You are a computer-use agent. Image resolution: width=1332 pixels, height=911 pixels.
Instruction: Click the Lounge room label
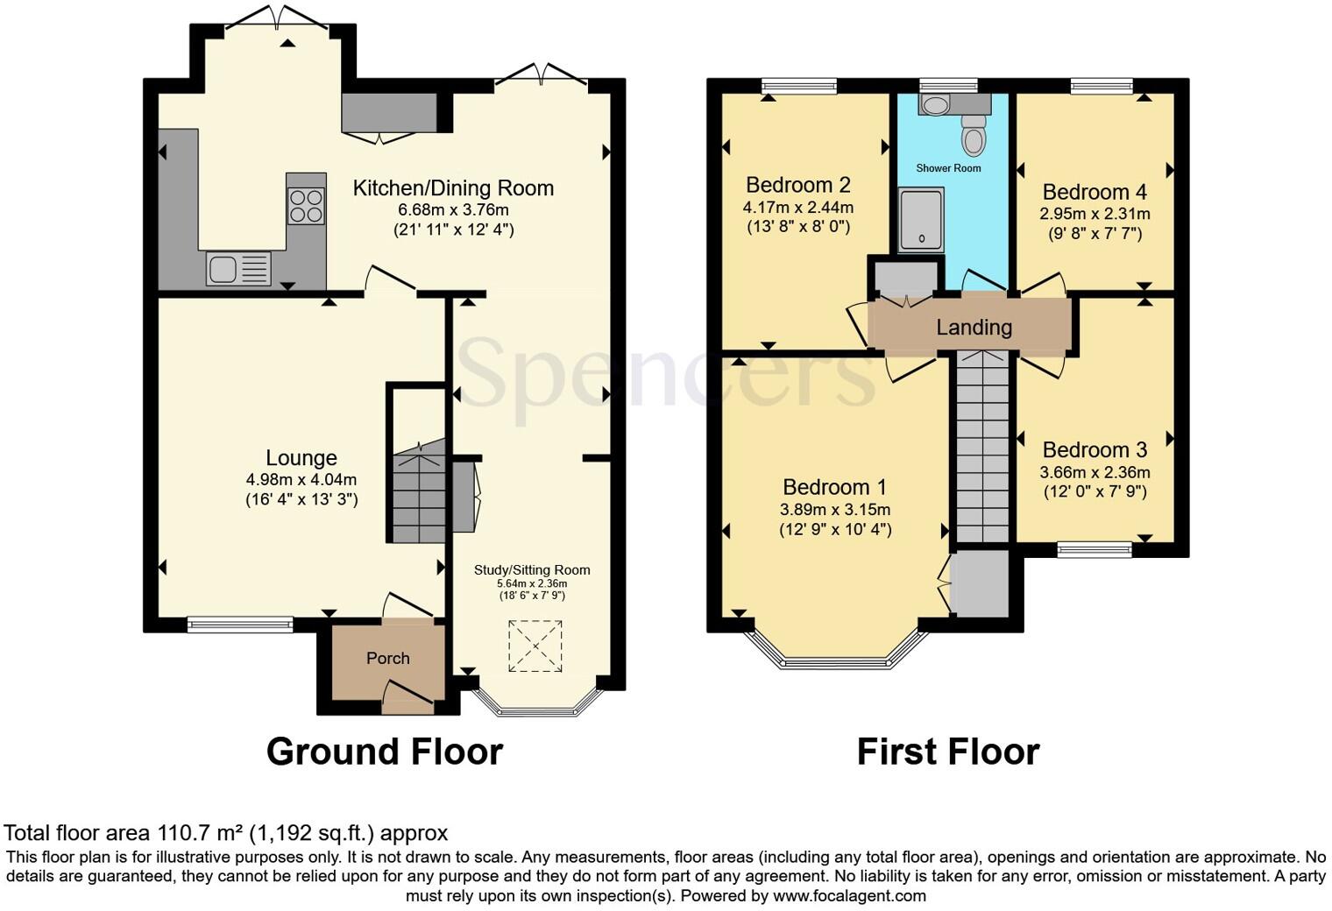301,458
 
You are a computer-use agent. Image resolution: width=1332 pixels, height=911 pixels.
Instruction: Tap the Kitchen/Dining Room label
453,188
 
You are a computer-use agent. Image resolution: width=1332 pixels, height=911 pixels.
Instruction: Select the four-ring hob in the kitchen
306,206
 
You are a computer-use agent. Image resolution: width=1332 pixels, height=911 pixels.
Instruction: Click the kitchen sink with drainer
238,268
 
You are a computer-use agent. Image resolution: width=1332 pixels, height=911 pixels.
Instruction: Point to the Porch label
387,658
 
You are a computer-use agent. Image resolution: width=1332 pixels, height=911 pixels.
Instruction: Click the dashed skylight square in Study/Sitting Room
535,646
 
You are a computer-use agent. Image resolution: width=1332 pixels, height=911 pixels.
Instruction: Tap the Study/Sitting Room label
532,570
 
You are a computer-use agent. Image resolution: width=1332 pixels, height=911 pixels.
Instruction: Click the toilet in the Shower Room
973,136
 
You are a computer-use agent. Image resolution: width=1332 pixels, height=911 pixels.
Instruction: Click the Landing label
974,328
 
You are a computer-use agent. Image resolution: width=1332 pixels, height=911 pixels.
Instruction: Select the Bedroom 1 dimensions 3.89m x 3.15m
834,510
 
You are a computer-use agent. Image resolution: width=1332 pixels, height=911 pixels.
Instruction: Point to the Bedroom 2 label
797,185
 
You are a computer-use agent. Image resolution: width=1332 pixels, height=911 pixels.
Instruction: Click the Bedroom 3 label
1095,450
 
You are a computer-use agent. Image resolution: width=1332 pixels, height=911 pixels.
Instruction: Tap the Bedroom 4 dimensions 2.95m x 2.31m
1095,214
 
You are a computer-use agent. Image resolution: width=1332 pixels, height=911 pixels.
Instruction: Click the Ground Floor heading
384,752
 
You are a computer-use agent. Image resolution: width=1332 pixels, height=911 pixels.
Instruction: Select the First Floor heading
947,752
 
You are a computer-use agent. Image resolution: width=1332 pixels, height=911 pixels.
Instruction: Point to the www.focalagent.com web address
848,896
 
